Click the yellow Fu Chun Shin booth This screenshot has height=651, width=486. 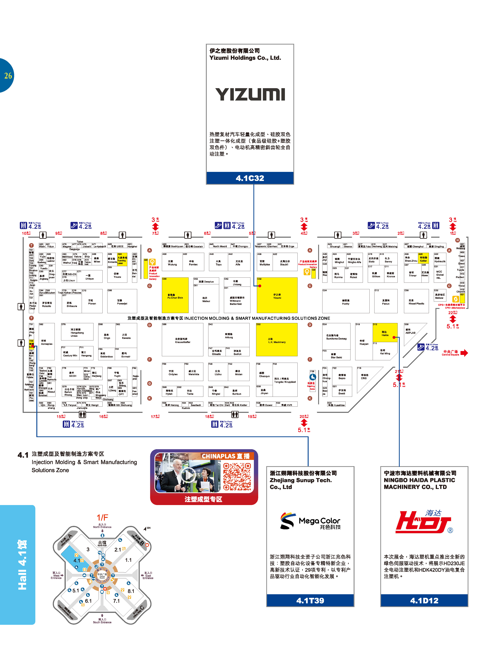175,295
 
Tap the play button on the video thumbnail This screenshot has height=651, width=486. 188,475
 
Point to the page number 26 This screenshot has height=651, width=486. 8,76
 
